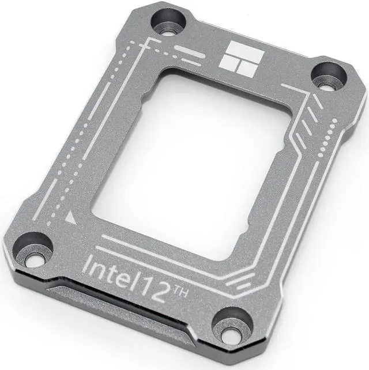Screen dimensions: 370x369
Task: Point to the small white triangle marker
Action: click(70, 217)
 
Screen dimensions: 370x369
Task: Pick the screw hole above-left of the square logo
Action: click(168, 21)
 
